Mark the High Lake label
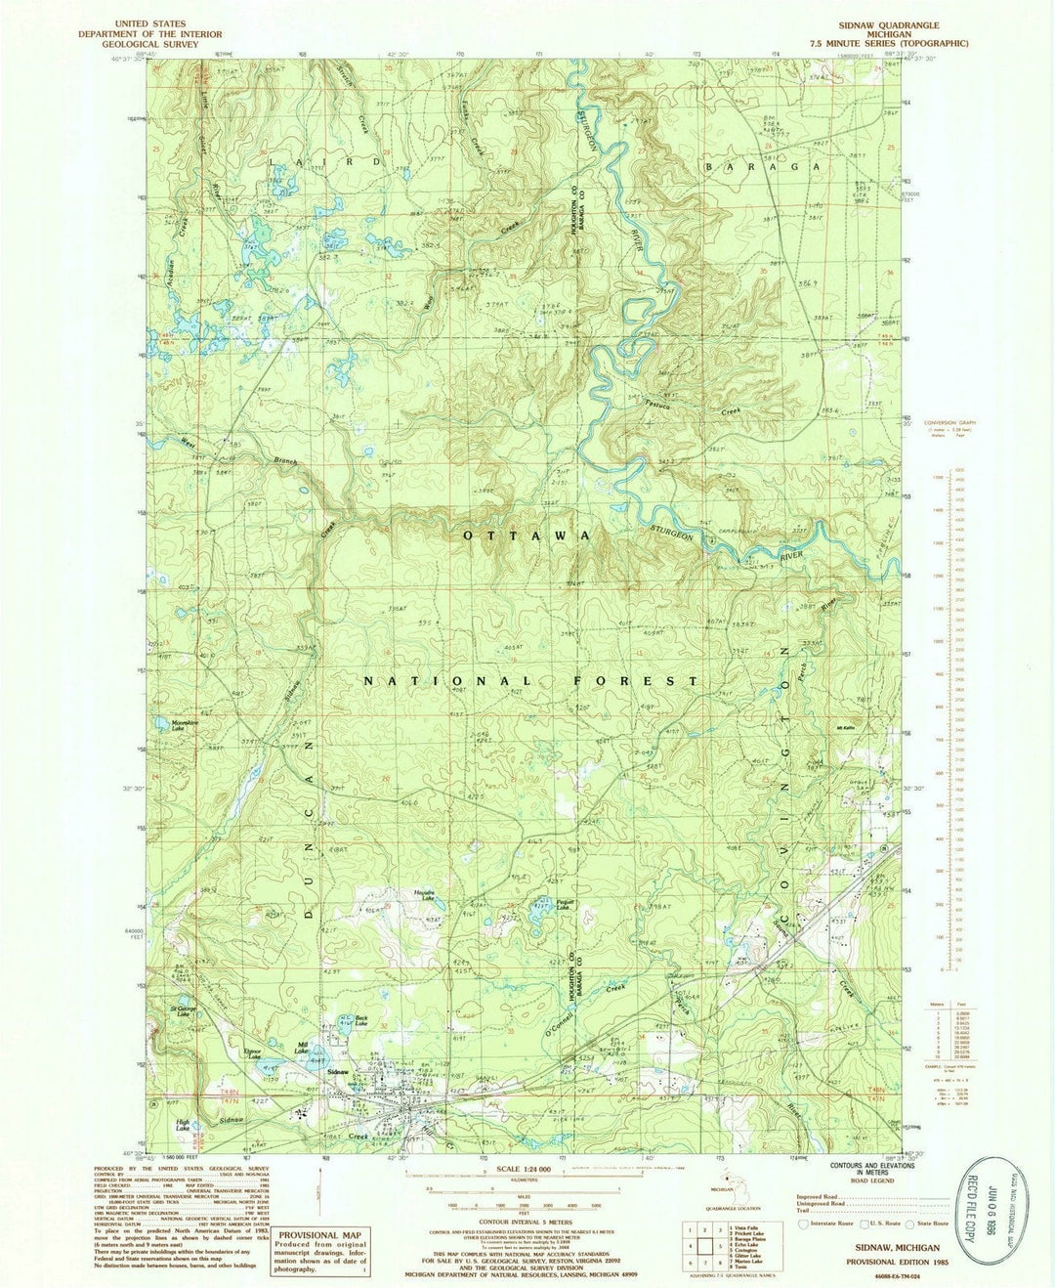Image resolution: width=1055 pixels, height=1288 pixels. (x=183, y=1125)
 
